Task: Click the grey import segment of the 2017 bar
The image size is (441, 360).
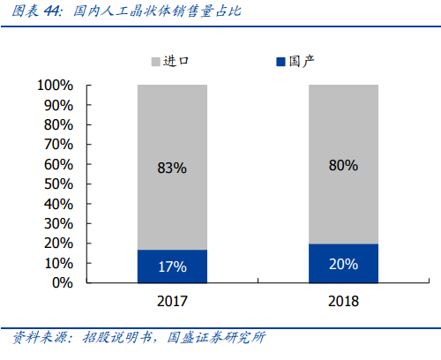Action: [x=172, y=168]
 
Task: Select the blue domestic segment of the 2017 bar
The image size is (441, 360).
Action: [x=172, y=266]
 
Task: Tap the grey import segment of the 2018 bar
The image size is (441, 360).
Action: [x=343, y=164]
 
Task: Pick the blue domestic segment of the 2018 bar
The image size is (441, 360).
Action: [x=343, y=264]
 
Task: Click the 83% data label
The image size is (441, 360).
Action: [x=172, y=168]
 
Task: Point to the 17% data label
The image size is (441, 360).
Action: [x=173, y=266]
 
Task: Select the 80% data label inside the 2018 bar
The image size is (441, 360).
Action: [x=343, y=165]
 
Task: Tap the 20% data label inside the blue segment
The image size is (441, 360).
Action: [x=343, y=264]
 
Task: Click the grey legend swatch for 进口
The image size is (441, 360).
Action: [x=155, y=62]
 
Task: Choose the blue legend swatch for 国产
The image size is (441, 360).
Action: [x=280, y=62]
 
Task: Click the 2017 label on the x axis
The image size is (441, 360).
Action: [x=172, y=301]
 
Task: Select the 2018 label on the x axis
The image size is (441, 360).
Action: [x=343, y=301]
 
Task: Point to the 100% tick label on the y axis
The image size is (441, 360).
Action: [x=56, y=86]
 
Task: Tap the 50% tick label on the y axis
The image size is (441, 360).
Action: [x=58, y=184]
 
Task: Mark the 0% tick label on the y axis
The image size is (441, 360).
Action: [x=63, y=283]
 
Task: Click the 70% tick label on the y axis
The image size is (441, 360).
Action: [x=58, y=145]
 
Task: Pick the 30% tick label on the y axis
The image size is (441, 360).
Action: [x=58, y=224]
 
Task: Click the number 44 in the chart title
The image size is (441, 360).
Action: [x=51, y=11]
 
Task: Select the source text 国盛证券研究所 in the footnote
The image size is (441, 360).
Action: [x=216, y=337]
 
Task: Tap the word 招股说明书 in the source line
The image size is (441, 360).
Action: [x=117, y=337]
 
